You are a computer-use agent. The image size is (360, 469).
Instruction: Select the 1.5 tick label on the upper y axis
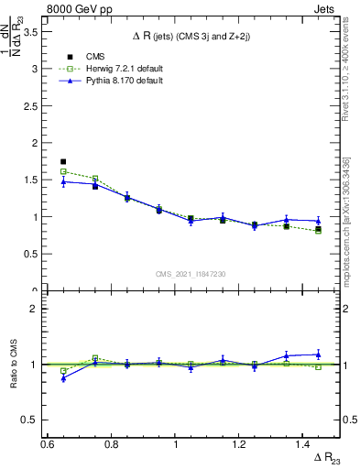pos(34,180)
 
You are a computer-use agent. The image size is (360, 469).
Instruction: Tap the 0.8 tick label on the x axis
pos(112,444)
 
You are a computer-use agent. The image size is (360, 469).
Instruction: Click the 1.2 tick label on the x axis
pos(239,444)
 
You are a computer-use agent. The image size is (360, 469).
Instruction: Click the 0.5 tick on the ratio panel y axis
pos(34,420)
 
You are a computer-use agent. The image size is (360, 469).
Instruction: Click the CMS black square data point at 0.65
pos(63,161)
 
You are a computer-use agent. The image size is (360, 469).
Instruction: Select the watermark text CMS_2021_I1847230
pos(191,274)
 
